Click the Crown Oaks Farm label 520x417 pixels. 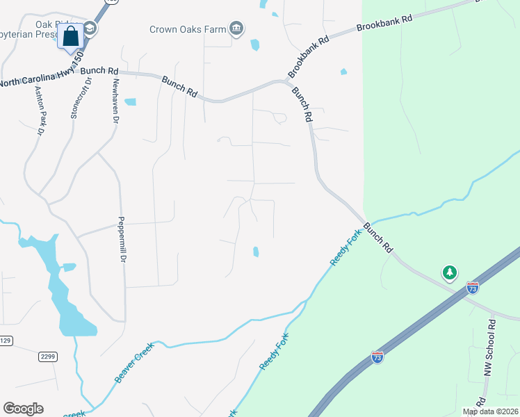pyautogui.click(x=188, y=29)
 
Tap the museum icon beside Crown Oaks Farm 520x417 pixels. pyautogui.click(x=237, y=28)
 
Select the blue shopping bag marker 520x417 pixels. pyautogui.click(x=72, y=37)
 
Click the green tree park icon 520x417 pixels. pyautogui.click(x=450, y=272)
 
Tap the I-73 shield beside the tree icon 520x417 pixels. pyautogui.click(x=473, y=288)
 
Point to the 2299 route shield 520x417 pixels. pyautogui.click(x=47, y=356)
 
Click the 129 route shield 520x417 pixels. pyautogui.click(x=6, y=341)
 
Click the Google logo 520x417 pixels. pyautogui.click(x=23, y=409)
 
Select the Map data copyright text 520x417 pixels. pyautogui.click(x=490, y=411)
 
